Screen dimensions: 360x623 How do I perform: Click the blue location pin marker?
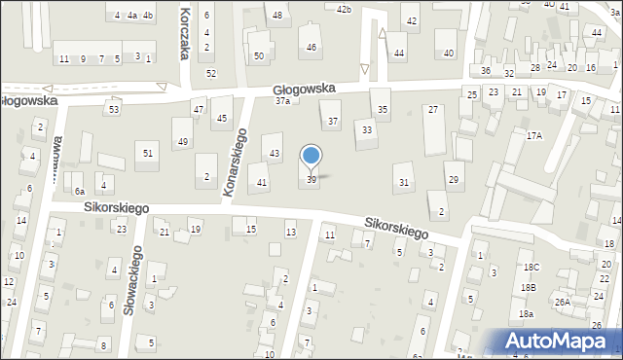coord(311,157)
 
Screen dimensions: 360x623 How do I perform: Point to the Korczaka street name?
coord(185,29)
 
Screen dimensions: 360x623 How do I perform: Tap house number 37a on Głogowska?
coord(282,100)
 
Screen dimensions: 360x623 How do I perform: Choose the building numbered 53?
coord(114,110)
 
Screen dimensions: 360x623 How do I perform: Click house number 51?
coord(148,153)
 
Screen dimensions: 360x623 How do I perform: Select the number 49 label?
coord(182,142)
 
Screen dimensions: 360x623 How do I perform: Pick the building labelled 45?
coord(223,119)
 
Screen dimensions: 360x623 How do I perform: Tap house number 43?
coord(275,154)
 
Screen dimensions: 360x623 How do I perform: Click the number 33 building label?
coord(367,129)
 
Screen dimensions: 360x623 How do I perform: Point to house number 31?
coord(404,183)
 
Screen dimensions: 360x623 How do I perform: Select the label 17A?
coord(534,136)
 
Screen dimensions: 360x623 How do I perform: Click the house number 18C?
coord(530,267)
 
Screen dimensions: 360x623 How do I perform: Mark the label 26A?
coord(563,302)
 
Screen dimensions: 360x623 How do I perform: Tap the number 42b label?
coord(343,9)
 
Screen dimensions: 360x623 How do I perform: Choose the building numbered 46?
coord(311,47)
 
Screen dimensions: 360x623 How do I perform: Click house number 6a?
coord(80,192)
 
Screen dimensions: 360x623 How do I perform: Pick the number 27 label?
coord(433,110)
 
